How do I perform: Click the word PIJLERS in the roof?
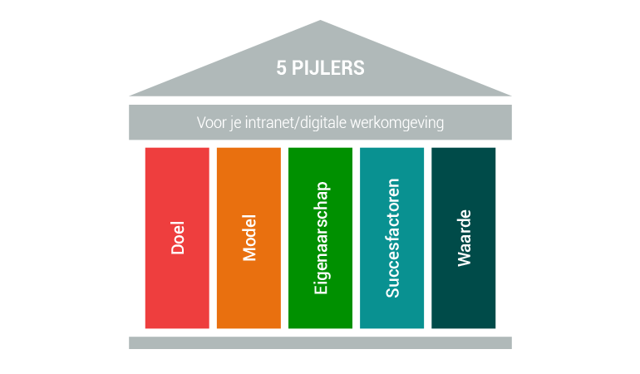[x=327, y=68]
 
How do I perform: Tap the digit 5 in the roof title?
[x=281, y=68]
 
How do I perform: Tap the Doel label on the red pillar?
[x=178, y=238]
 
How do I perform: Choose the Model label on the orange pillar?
[x=249, y=238]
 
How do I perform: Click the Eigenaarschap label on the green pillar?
[x=321, y=238]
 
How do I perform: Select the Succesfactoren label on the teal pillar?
[x=392, y=238]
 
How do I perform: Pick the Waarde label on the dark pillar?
[x=464, y=238]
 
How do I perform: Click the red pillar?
[x=177, y=238]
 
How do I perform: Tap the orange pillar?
[x=249, y=238]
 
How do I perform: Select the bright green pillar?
[x=320, y=238]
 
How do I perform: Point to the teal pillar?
[x=391, y=238]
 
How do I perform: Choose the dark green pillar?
[x=464, y=238]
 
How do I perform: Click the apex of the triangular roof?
[x=320, y=21]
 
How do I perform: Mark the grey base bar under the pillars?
[x=320, y=343]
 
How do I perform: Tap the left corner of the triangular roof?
[x=130, y=96]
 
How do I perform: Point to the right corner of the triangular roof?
[x=511, y=96]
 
